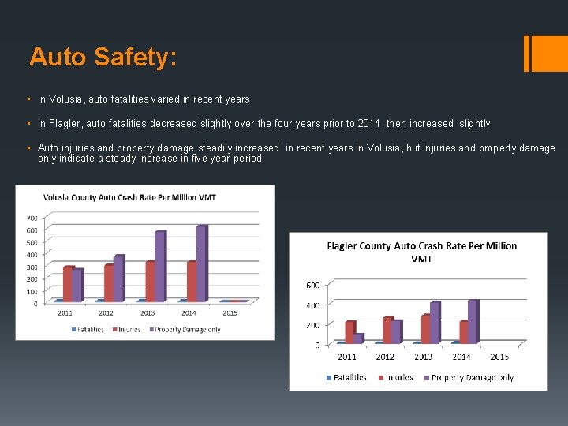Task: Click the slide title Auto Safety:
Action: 103,57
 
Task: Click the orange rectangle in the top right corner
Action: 544,53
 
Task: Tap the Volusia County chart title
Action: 129,197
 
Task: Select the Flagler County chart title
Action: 422,252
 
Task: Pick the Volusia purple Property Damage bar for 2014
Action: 201,263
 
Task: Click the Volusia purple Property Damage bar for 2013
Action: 160,266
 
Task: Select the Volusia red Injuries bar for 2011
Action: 68,283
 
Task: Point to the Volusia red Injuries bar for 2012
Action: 109,282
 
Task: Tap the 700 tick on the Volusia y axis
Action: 32,218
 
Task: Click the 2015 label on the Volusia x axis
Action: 230,313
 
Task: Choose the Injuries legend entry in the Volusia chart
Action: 129,330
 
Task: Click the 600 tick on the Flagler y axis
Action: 312,286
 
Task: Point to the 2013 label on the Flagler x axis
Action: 424,357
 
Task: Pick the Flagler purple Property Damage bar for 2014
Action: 473,321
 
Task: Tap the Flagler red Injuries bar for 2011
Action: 349,331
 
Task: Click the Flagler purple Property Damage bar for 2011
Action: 359,338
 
